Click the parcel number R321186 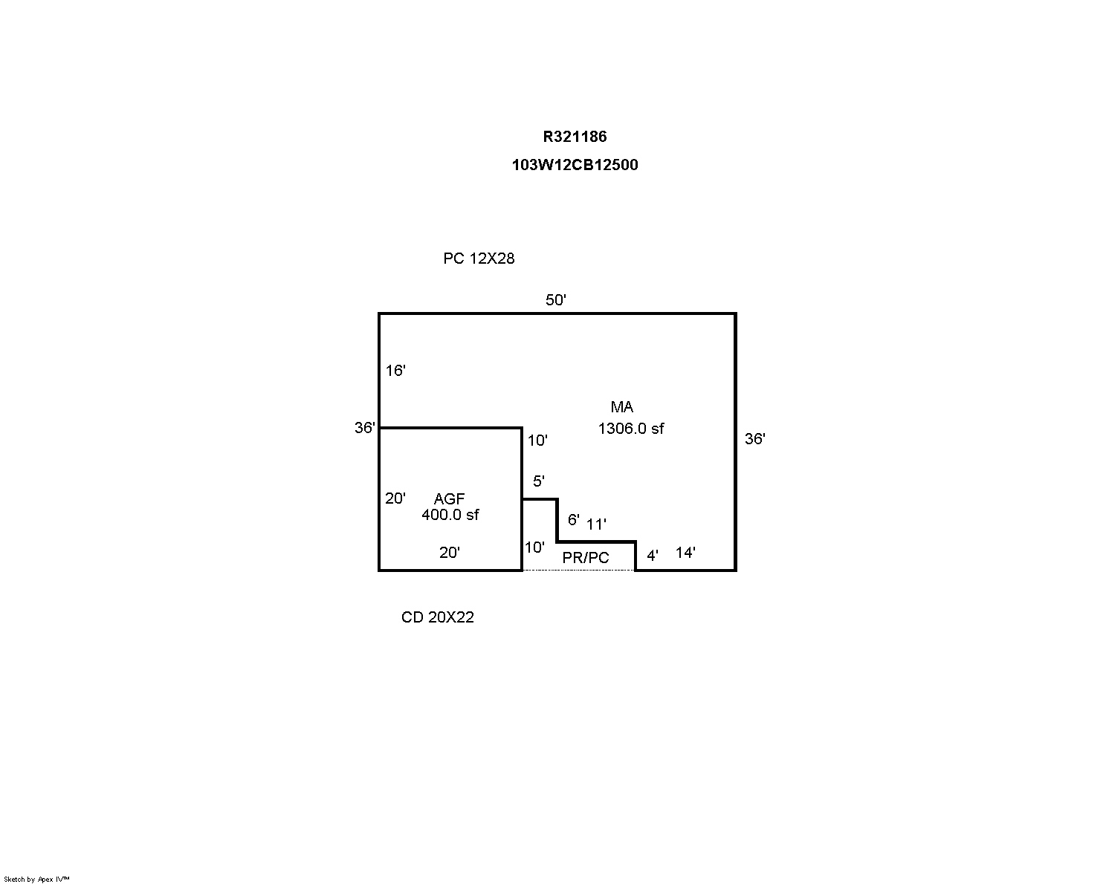pyautogui.click(x=575, y=137)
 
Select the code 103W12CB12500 pyautogui.click(x=575, y=165)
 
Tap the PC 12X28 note pyautogui.click(x=479, y=259)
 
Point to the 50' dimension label pyautogui.click(x=555, y=300)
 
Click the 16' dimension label pyautogui.click(x=395, y=371)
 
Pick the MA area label pyautogui.click(x=622, y=407)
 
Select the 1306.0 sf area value pyautogui.click(x=630, y=429)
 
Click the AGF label pyautogui.click(x=449, y=498)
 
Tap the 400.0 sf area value pyautogui.click(x=450, y=515)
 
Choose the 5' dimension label pyautogui.click(x=539, y=481)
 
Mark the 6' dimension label pyautogui.click(x=574, y=520)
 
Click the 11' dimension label pyautogui.click(x=596, y=524)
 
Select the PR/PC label pyautogui.click(x=586, y=558)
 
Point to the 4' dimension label pyautogui.click(x=652, y=556)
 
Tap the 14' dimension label pyautogui.click(x=685, y=553)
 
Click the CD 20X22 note pyautogui.click(x=437, y=617)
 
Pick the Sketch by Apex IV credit pyautogui.click(x=36, y=879)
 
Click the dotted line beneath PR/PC pyautogui.click(x=579, y=570)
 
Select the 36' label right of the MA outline pyautogui.click(x=755, y=439)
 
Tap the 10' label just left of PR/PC pyautogui.click(x=534, y=547)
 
